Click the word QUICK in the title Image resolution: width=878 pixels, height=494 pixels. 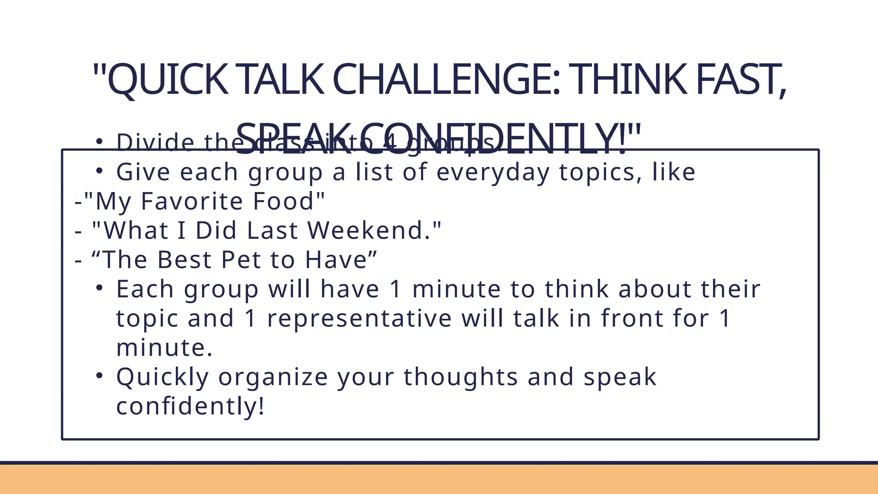[x=168, y=80]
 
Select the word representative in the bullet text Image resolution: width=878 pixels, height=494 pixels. [x=359, y=318]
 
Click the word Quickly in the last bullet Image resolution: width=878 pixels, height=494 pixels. [x=162, y=377]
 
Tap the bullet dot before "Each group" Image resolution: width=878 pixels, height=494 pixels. [x=99, y=289]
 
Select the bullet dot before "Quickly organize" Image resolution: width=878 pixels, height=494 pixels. [x=99, y=376]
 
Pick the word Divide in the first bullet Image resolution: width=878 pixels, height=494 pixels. [x=155, y=142]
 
